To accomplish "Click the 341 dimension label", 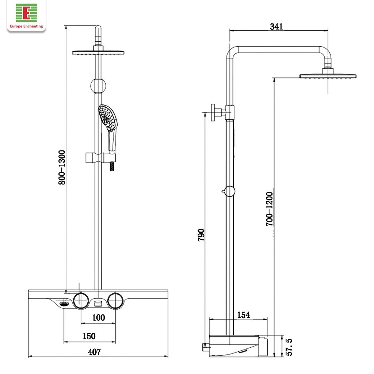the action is tap(276, 26).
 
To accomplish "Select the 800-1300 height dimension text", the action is tap(62, 167).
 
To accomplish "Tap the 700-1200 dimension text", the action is tap(269, 209).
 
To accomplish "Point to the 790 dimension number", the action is tap(201, 235).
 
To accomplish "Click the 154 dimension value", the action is tap(244, 315).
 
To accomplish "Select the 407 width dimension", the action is tap(94, 352).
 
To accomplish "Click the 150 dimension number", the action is tap(89, 336).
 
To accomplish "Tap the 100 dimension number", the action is tap(99, 317).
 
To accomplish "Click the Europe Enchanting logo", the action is tap(26, 15).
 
